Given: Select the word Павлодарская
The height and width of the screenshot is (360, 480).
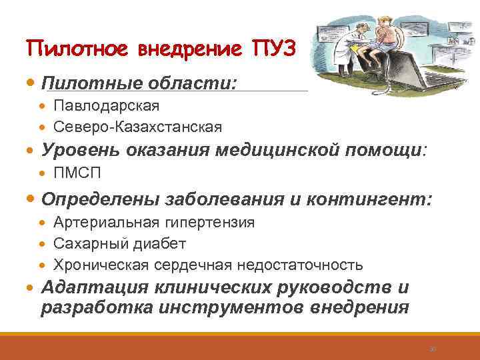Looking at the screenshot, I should click(x=107, y=106).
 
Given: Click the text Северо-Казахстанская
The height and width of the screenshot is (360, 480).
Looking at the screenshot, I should click(x=138, y=127).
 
